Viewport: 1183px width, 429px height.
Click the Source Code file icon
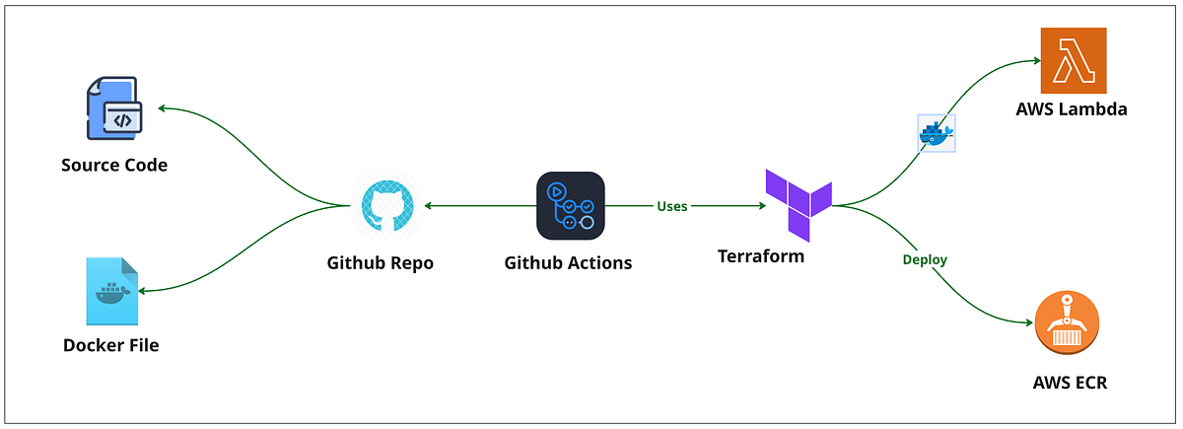click(113, 110)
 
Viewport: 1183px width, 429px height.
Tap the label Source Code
click(114, 165)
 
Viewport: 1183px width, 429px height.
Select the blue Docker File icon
click(112, 291)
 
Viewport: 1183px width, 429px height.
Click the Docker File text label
click(110, 345)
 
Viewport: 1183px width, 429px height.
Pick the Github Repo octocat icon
click(386, 206)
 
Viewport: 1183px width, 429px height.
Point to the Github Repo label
click(380, 263)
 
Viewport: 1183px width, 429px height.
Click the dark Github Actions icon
click(570, 206)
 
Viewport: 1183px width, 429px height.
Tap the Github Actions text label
click(568, 263)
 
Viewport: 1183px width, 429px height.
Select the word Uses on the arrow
click(672, 207)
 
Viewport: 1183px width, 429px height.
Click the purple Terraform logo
click(799, 204)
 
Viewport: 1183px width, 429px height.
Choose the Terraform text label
click(760, 256)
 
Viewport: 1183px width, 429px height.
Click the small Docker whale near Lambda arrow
click(936, 132)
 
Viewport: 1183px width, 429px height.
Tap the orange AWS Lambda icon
click(1074, 60)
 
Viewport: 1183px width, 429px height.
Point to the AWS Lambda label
click(1071, 109)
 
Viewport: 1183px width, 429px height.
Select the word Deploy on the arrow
click(925, 260)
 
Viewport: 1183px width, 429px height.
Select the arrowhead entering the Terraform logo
click(760, 206)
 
